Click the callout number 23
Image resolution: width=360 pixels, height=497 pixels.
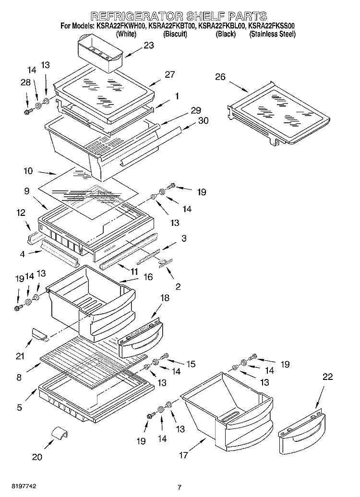point(149,46)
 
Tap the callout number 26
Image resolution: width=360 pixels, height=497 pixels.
point(220,76)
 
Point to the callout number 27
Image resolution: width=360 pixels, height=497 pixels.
point(169,74)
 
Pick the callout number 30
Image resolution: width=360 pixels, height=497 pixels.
point(203,120)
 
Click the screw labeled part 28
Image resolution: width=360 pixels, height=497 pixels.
point(27,112)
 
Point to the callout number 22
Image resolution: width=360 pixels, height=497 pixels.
point(327,377)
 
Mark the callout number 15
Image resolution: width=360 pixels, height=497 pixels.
point(191,364)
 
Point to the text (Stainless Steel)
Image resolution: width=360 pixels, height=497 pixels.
point(272,35)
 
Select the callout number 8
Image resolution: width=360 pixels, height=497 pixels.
point(19,378)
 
